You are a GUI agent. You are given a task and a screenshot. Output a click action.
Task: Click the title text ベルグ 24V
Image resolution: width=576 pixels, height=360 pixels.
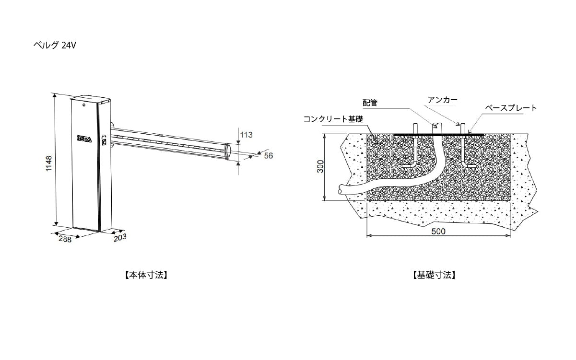click(x=55, y=45)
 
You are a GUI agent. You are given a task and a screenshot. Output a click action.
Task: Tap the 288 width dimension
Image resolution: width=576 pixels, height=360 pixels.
click(x=65, y=239)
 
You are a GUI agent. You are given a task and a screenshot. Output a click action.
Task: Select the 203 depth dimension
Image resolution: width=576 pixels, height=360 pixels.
click(x=120, y=238)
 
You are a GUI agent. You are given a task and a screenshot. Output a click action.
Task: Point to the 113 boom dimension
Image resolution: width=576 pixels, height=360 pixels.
click(x=246, y=135)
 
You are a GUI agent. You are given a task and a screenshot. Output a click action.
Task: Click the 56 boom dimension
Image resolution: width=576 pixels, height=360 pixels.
click(x=269, y=155)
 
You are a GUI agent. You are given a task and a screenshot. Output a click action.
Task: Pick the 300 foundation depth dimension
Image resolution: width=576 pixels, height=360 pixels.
click(x=320, y=166)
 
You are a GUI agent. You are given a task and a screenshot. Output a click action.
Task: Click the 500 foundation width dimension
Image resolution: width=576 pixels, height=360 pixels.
click(x=438, y=231)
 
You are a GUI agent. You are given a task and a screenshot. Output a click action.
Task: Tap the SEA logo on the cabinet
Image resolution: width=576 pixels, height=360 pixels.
click(x=84, y=138)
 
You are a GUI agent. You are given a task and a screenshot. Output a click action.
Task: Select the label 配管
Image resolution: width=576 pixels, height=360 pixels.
click(x=370, y=103)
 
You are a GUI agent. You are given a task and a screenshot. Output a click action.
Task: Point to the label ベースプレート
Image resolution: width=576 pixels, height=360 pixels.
click(x=511, y=108)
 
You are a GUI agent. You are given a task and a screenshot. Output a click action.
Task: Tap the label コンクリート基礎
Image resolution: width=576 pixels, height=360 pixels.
click(x=333, y=119)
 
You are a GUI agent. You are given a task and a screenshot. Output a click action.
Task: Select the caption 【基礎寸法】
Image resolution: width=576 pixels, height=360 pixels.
click(x=434, y=275)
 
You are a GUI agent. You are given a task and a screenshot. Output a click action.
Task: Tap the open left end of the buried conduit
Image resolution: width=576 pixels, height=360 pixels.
click(x=340, y=189)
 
